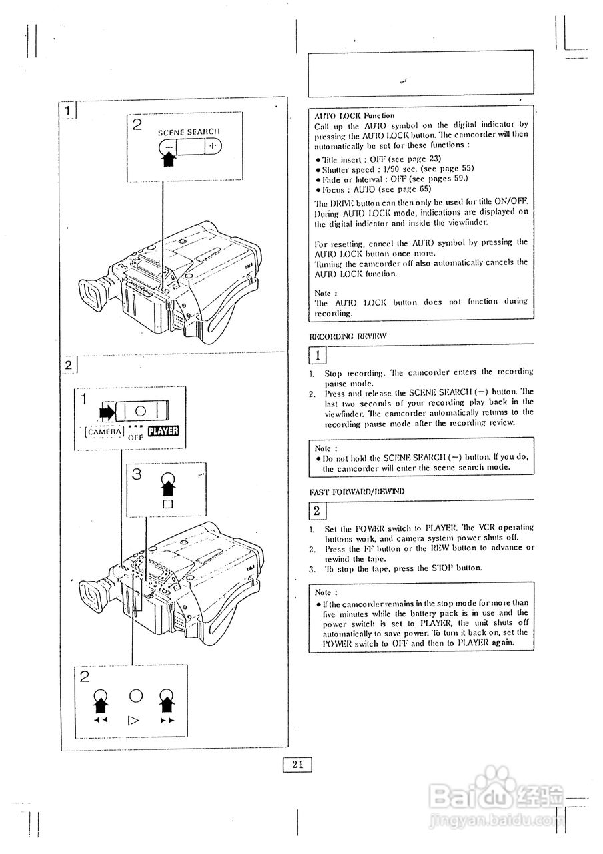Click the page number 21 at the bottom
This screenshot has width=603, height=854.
tap(297, 765)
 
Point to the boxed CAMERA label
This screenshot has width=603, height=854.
tap(105, 432)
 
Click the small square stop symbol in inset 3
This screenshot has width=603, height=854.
tap(167, 505)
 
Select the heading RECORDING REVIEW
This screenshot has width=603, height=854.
tap(338, 336)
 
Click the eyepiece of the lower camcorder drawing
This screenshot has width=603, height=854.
tap(94, 593)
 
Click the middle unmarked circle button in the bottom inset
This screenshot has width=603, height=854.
tap(136, 695)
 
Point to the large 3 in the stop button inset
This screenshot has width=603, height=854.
tap(137, 474)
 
